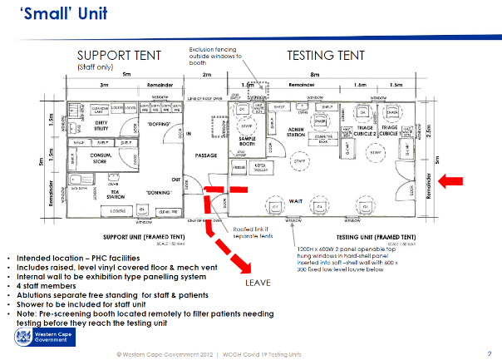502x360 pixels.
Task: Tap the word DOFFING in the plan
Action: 157,122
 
